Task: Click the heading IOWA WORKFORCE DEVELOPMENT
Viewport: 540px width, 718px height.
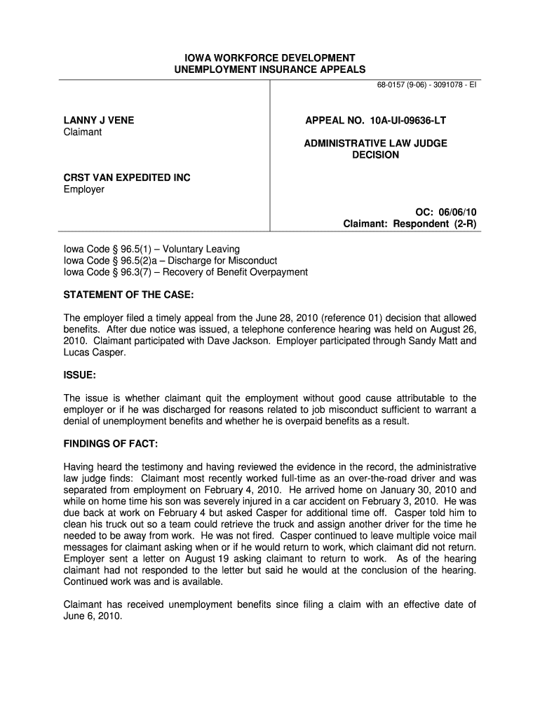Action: [x=269, y=57]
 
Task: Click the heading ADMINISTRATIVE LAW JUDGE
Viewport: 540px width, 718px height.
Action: [x=375, y=143]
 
